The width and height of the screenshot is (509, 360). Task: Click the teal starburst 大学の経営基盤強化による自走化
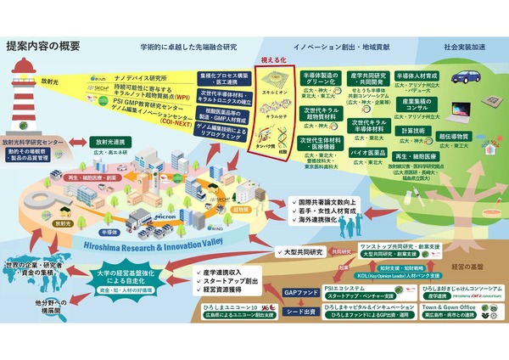tap(127, 280)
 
